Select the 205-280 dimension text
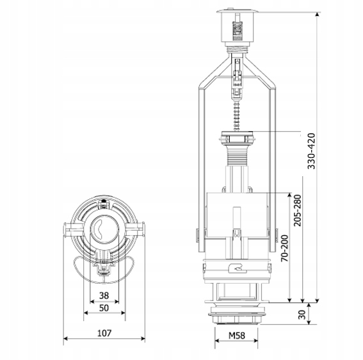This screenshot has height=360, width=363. click(x=297, y=218)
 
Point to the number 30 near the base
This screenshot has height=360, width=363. click(x=302, y=315)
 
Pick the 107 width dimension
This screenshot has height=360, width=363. click(x=104, y=333)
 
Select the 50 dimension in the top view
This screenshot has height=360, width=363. click(x=104, y=308)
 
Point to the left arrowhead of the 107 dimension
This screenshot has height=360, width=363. click(x=66, y=339)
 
